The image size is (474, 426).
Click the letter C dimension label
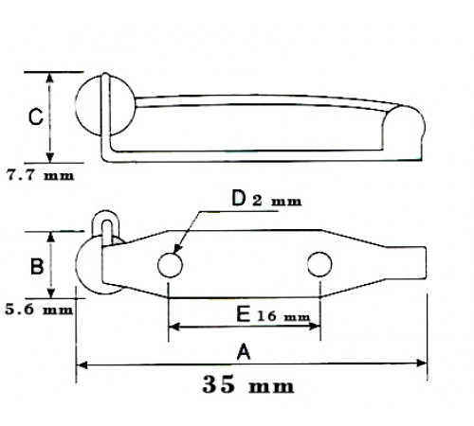pos(36,117)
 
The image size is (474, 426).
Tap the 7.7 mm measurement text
pos(40,175)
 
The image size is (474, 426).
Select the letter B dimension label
pos(37,266)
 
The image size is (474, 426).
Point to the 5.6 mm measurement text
pos(39,310)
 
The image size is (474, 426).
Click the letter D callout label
pos(239,198)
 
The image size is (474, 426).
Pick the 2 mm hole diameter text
pos(277,201)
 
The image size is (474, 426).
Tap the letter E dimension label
pos(244,314)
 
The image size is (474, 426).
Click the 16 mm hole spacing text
pos(283,316)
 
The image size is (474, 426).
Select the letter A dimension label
pos(244,352)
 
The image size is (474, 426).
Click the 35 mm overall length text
pos(248,384)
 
